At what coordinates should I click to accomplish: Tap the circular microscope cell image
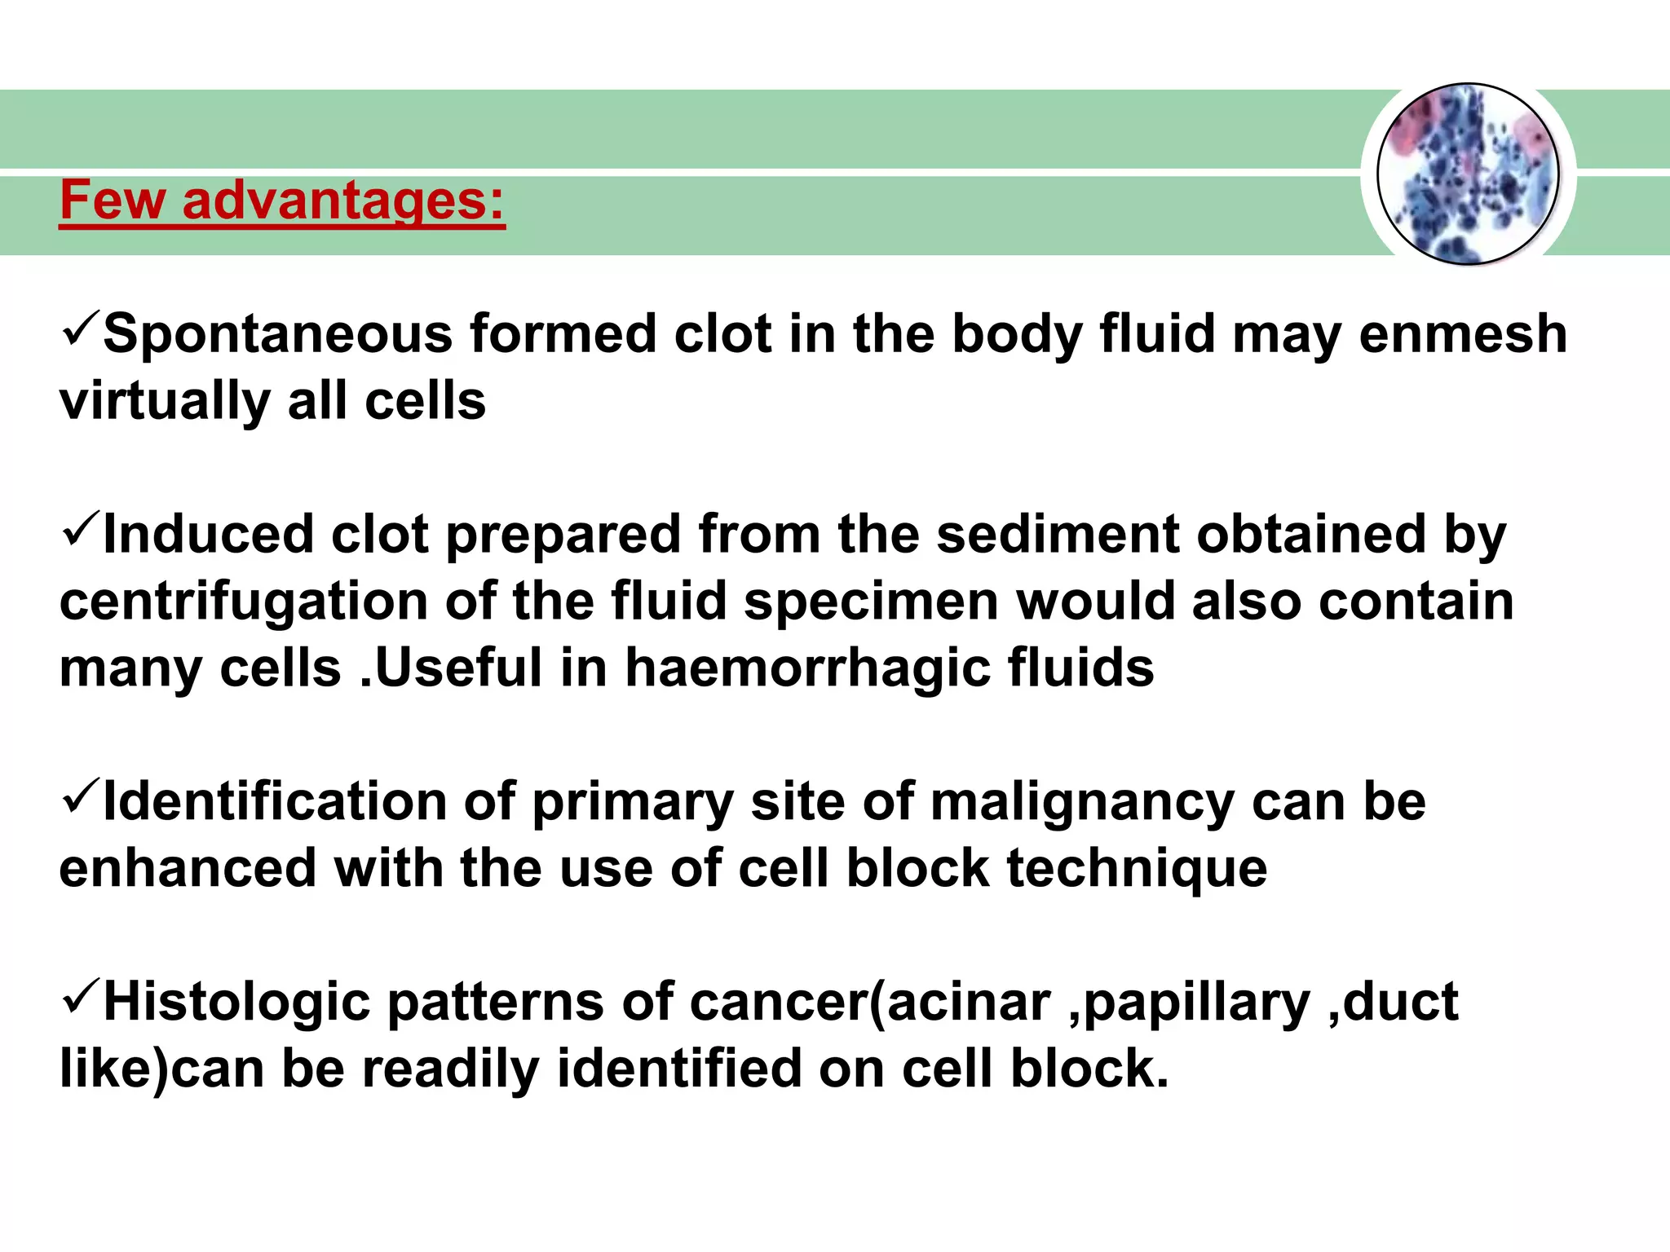(x=1468, y=174)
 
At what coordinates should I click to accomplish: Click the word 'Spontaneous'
(x=277, y=334)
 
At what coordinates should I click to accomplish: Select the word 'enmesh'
(x=1463, y=334)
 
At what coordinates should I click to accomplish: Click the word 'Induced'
(x=208, y=535)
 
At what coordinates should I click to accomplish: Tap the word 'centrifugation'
(x=244, y=602)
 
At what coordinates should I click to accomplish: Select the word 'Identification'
(x=275, y=801)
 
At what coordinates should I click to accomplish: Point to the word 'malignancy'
(x=1082, y=801)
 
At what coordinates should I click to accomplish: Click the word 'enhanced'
(x=188, y=868)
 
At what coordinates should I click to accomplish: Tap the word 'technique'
(x=1137, y=868)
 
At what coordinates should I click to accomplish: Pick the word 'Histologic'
(x=236, y=1002)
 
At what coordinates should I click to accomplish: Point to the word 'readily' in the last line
(x=450, y=1069)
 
